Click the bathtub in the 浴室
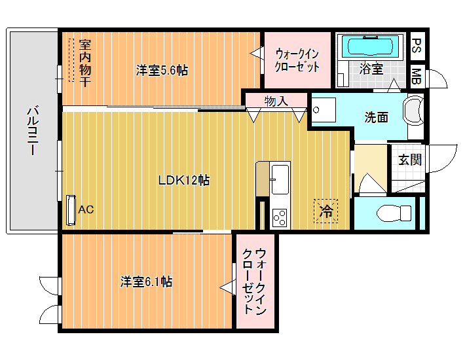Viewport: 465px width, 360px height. pos(370,46)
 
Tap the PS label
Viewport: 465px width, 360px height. pos(417,46)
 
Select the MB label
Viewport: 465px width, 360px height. pos(417,76)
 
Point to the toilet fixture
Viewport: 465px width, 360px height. pos(394,213)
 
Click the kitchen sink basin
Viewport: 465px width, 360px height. pos(280,179)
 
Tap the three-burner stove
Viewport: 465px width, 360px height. pos(280,218)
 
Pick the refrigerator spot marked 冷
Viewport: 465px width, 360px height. pos(326,211)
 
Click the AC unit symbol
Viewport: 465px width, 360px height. pos(71,210)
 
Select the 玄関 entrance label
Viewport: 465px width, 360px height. pos(410,160)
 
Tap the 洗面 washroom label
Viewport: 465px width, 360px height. pos(376,117)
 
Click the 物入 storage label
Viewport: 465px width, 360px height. pos(276,101)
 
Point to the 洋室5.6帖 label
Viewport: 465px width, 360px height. pos(162,71)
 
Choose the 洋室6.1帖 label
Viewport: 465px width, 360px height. pos(146,281)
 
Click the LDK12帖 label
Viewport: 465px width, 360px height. pos(184,180)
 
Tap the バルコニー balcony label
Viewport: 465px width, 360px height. pos(33,131)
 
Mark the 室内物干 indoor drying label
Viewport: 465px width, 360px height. pos(85,63)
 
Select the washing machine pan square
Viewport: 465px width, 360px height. pos(324,110)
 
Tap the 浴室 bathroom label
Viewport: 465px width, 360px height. pos(371,69)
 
